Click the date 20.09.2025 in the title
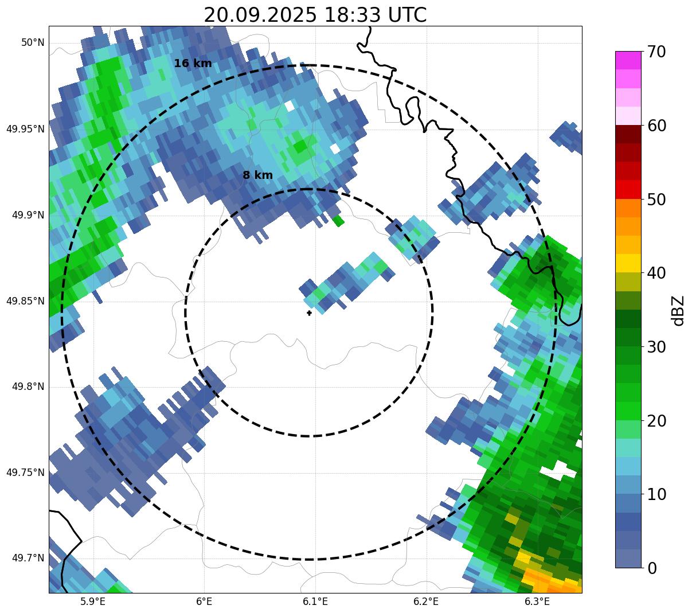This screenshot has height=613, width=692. [x=259, y=15]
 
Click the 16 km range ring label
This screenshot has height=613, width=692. [x=193, y=64]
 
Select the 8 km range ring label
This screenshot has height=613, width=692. [x=257, y=175]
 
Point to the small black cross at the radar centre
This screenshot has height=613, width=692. [x=309, y=313]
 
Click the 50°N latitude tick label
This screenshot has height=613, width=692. [x=33, y=43]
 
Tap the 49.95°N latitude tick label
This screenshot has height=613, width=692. [x=25, y=129]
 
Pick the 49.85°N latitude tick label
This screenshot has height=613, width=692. [x=25, y=301]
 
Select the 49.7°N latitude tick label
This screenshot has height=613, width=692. [x=28, y=559]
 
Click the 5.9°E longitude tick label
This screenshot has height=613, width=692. [x=93, y=602]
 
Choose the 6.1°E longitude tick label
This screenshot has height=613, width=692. [x=315, y=602]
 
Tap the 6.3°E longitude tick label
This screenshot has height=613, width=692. [x=537, y=602]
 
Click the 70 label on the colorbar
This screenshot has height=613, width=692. [x=656, y=52]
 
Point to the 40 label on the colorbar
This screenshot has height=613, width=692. [x=656, y=273]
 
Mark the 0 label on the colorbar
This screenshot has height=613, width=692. [x=652, y=568]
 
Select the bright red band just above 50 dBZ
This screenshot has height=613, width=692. [x=628, y=190]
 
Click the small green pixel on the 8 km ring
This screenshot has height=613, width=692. [x=338, y=221]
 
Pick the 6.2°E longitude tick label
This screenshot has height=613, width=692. [x=426, y=602]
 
